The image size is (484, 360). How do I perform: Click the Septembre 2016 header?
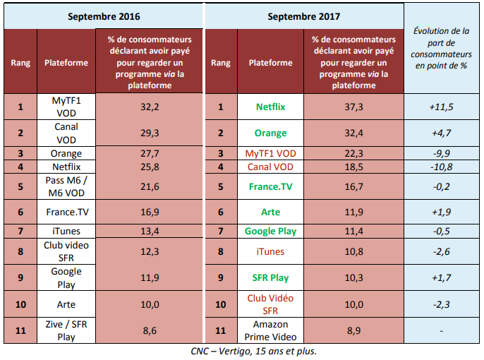[x=103, y=15]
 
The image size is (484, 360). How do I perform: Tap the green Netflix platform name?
[x=270, y=107]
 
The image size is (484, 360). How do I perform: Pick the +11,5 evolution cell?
[x=442, y=107]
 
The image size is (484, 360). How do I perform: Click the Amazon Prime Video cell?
[x=270, y=330]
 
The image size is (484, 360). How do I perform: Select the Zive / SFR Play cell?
[x=66, y=330]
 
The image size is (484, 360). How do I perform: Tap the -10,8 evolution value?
[x=442, y=167]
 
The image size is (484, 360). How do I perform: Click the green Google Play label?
[x=270, y=231]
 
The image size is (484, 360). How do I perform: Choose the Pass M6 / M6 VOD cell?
[x=66, y=187]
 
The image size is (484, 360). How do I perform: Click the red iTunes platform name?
[x=270, y=251]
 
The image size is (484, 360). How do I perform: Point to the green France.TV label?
[x=270, y=187]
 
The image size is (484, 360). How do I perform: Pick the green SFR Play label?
[x=270, y=277]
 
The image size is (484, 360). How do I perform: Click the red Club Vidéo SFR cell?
[x=270, y=304]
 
